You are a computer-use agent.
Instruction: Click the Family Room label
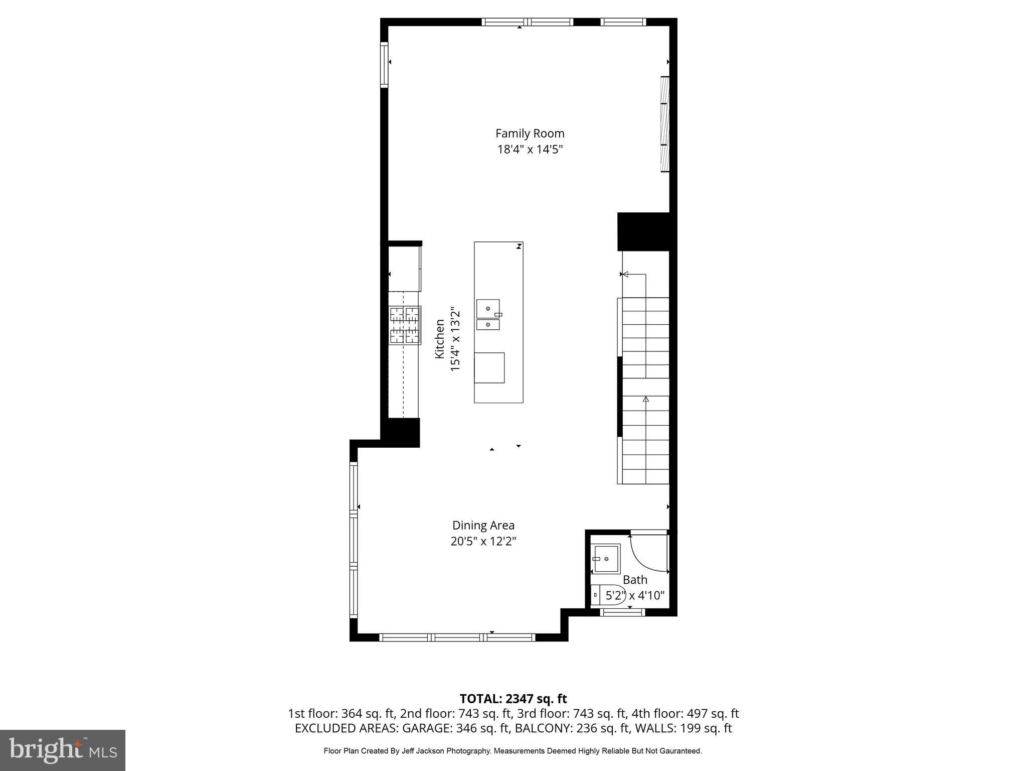point(530,134)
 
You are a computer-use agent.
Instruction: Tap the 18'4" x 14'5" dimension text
point(530,150)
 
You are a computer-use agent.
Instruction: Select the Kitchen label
point(440,339)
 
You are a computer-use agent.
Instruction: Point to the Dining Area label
point(483,525)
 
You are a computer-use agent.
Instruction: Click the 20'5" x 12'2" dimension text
point(483,541)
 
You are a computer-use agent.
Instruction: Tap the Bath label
point(635,580)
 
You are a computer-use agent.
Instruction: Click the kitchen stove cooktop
point(405,325)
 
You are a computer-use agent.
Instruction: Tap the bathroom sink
point(606,559)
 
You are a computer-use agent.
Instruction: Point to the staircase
point(645,391)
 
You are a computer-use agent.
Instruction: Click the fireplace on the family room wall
point(665,124)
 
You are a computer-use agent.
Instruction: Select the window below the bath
point(622,612)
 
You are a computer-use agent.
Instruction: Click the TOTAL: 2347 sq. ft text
point(513,699)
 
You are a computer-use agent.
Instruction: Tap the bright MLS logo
point(62,750)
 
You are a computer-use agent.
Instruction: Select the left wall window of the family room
point(384,65)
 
